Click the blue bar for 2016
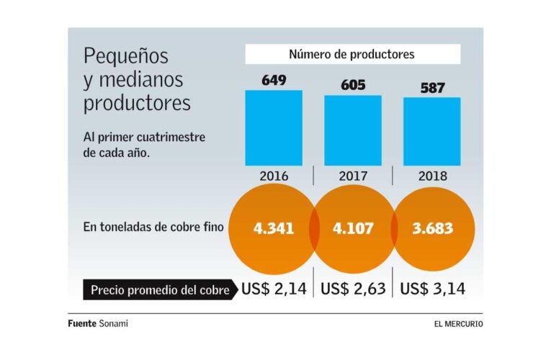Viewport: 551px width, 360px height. coord(274,128)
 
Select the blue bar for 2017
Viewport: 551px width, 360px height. coord(352,130)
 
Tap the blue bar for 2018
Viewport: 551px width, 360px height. coord(431,132)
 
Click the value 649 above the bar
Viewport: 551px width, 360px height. coord(274,80)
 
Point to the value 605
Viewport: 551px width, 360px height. coord(352,85)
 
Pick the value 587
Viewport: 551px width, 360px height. coord(431,88)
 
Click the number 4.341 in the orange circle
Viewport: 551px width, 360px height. coord(274,229)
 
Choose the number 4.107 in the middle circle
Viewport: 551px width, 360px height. coord(353,229)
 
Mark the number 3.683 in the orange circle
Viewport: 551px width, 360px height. coord(432,229)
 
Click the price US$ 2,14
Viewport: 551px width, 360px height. coord(274,289)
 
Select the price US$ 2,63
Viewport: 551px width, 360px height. coord(353,289)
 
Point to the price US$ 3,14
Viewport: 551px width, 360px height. coord(432,289)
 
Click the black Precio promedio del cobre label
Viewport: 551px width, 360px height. coord(160,291)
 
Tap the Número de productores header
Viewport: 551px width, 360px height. coord(351,54)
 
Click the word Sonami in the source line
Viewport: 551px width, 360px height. coord(114,324)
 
